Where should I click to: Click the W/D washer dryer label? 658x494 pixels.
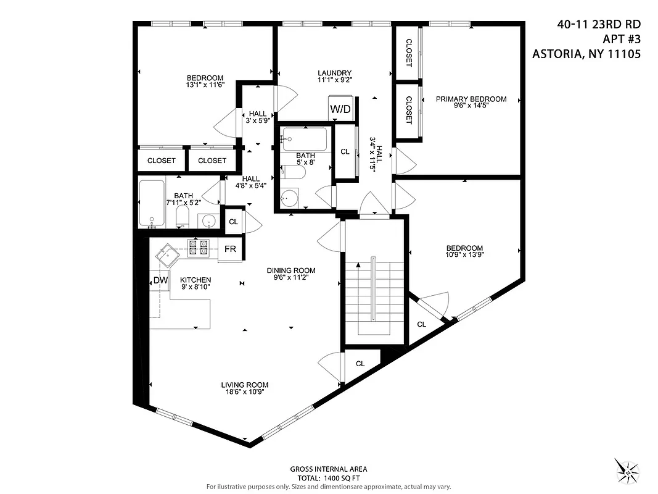click(340, 109)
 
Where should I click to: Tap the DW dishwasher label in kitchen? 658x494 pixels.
click(160, 280)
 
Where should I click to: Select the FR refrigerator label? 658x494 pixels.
click(230, 249)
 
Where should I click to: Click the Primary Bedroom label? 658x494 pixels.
click(471, 99)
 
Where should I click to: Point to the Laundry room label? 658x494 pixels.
click(334, 72)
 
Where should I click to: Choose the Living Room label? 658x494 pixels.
click(245, 385)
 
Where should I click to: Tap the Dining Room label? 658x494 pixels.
click(291, 270)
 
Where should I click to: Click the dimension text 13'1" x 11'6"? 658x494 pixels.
click(205, 86)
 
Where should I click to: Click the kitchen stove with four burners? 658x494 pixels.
click(199, 248)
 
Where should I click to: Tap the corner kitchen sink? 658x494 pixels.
click(165, 253)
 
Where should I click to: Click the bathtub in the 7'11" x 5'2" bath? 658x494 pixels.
click(151, 203)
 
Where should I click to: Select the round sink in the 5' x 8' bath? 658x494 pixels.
click(289, 199)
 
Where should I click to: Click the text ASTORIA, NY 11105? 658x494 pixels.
click(586, 54)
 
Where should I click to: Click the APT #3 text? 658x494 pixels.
click(619, 39)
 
